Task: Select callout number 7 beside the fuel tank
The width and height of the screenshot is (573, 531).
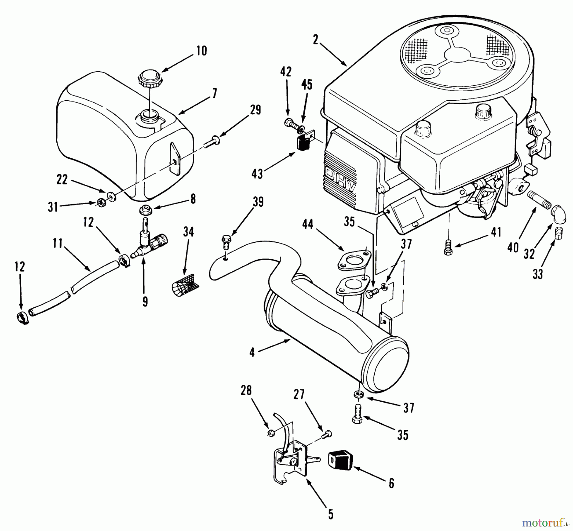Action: [214, 94]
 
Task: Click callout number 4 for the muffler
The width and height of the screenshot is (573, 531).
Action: [252, 353]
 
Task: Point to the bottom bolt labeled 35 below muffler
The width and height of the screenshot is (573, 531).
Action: [358, 414]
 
